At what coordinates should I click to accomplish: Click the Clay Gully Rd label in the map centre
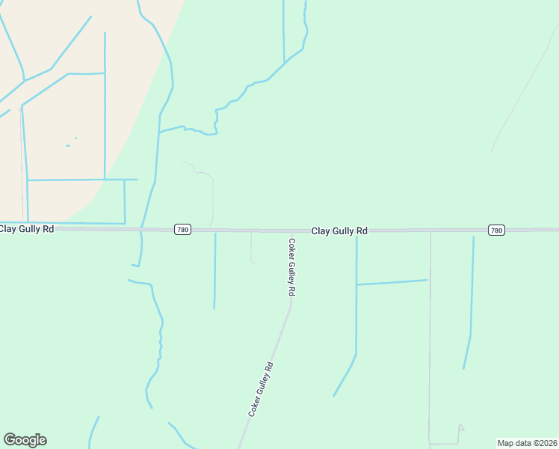pyautogui.click(x=339, y=231)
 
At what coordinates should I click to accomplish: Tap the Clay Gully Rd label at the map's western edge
pyautogui.click(x=27, y=228)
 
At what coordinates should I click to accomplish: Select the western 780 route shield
pyautogui.click(x=182, y=230)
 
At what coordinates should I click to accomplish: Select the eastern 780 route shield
pyautogui.click(x=496, y=230)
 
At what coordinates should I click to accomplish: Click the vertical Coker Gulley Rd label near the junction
pyautogui.click(x=292, y=267)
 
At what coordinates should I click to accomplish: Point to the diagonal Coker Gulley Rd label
pyautogui.click(x=262, y=389)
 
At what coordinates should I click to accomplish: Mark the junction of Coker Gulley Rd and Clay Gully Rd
pyautogui.click(x=290, y=231)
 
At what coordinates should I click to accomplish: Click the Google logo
pyautogui.click(x=25, y=440)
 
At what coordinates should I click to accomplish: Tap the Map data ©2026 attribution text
pyautogui.click(x=527, y=443)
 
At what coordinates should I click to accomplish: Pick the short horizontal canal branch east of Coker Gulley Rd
pyautogui.click(x=392, y=282)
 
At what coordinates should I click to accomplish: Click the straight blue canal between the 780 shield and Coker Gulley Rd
pyautogui.click(x=215, y=269)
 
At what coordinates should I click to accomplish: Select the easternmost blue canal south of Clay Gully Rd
pyautogui.click(x=472, y=299)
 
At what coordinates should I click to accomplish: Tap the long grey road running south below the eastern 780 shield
pyautogui.click(x=430, y=337)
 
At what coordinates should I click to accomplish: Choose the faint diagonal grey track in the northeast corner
pyautogui.click(x=523, y=90)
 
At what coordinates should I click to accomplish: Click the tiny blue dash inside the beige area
pyautogui.click(x=67, y=146)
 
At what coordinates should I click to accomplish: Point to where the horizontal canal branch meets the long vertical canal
pyautogui.click(x=356, y=284)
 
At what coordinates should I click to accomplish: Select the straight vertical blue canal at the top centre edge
pyautogui.click(x=284, y=30)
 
